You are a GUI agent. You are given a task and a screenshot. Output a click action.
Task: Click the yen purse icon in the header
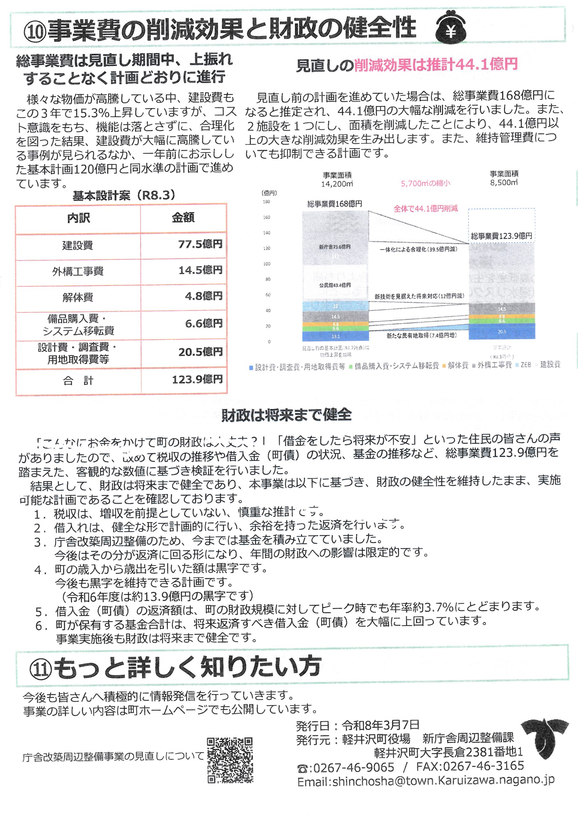click(451, 28)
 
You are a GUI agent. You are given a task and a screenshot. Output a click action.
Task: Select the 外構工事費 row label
click(78, 272)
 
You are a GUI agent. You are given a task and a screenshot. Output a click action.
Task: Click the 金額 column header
click(183, 217)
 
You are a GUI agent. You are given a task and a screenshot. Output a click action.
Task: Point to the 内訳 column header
click(78, 218)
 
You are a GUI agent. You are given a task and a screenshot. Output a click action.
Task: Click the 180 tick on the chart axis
click(266, 202)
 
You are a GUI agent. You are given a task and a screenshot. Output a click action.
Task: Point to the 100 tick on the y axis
click(266, 264)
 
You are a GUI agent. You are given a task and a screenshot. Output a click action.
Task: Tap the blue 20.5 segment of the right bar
click(501, 331)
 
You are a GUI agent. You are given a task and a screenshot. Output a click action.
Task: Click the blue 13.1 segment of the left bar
click(335, 336)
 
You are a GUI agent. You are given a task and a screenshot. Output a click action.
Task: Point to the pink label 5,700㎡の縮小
click(425, 184)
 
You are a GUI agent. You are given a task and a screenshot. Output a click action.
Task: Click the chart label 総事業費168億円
click(334, 204)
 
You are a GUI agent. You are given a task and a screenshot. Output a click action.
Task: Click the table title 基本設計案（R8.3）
click(124, 195)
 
